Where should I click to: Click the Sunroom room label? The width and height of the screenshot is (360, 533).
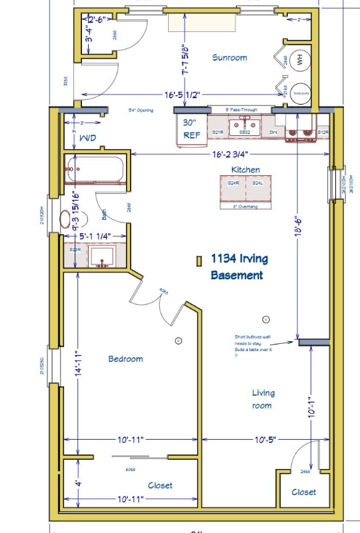[x=229, y=57]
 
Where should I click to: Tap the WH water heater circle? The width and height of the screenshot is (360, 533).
[x=300, y=59]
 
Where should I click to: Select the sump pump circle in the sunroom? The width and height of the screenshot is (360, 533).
[x=301, y=94]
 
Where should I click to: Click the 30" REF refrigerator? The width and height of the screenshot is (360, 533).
[x=191, y=129]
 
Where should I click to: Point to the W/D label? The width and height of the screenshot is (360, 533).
[x=87, y=138]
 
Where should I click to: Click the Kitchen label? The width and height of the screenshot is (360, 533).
[x=245, y=170]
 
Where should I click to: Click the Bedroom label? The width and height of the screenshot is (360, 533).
[x=125, y=359]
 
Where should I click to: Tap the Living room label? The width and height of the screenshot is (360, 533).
[x=262, y=398]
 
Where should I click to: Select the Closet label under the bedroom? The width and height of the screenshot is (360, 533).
[x=160, y=486]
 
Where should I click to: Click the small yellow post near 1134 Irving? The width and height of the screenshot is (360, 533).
[x=198, y=261]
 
